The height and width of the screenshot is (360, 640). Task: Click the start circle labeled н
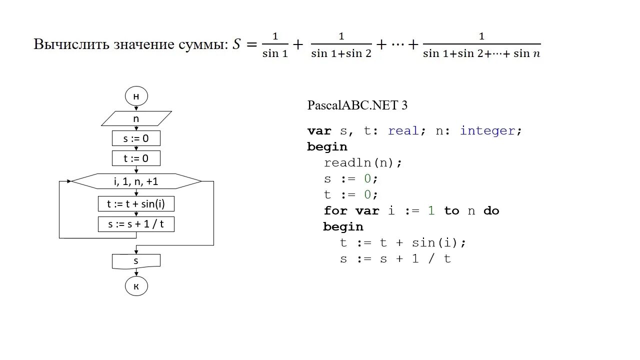point(136,96)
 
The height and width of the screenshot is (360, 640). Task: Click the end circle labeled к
point(136,286)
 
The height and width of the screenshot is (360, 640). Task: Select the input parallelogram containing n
point(136,118)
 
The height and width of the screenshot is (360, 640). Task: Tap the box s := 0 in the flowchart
point(136,138)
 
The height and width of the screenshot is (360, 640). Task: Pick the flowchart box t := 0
point(136,158)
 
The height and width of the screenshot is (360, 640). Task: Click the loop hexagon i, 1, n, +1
point(136,181)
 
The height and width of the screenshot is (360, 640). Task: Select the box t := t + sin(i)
point(136,204)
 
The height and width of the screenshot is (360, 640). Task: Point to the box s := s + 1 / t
point(136,224)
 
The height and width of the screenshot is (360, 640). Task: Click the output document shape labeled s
point(136,261)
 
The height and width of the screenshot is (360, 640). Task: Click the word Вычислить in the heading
point(66,44)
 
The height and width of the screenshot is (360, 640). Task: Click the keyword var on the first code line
point(319,131)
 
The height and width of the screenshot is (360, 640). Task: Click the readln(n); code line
point(362,163)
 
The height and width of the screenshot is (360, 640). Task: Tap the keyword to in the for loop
point(451,211)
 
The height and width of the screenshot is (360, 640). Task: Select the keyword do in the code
point(491,211)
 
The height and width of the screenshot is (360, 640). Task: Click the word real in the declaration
point(403,131)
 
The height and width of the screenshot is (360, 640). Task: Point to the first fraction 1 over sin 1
point(275,45)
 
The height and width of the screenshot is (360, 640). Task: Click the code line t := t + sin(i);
point(402,243)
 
